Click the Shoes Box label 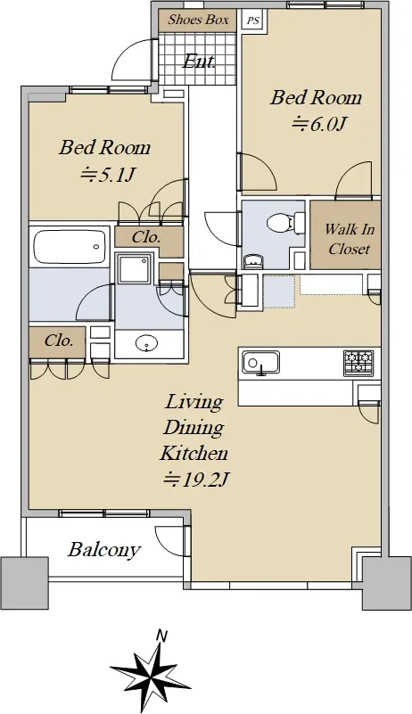tap(198, 20)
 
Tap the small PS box tap(252, 21)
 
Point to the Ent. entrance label tap(198, 62)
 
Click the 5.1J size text tap(108, 174)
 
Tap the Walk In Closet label tap(349, 239)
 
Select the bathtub tap(70, 246)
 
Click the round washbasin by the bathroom tap(146, 343)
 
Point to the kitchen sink tap(260, 363)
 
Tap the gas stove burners tap(358, 363)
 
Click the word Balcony tap(103, 550)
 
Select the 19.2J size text tap(195, 479)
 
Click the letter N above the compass tap(160, 636)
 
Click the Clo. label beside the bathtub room tap(58, 341)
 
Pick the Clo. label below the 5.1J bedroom tap(146, 237)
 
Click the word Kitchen tap(194, 453)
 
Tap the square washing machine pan tap(134, 268)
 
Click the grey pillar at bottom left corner tap(24, 583)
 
